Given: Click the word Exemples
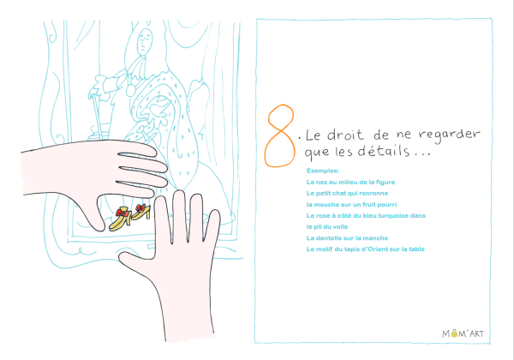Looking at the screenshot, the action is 323,171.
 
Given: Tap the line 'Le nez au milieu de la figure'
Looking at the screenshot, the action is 350,182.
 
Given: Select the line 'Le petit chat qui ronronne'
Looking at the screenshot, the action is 347,193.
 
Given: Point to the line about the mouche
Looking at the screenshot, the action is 351,205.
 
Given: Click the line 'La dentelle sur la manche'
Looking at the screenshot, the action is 347,238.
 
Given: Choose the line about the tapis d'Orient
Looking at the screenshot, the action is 366,249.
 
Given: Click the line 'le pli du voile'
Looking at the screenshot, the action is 327,227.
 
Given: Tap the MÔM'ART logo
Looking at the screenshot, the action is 463,333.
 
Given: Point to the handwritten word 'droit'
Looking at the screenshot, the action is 345,135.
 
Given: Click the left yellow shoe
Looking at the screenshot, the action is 120,219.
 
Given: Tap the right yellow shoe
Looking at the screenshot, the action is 141,212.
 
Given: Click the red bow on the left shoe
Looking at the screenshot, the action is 123,213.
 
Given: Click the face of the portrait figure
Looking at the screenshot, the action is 145,41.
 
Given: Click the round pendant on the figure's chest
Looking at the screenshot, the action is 130,90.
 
